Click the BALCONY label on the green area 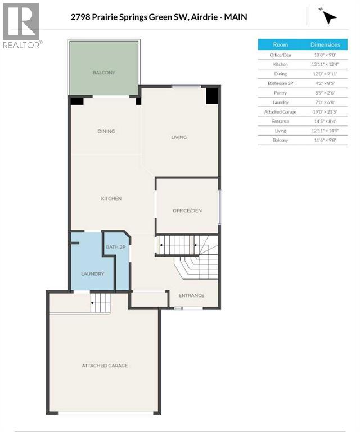point(104,73)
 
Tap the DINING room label point(106,131)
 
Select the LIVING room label point(179,137)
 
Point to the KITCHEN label point(111,199)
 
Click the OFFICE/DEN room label point(187,210)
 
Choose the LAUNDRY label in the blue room point(92,273)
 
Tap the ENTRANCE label point(191,295)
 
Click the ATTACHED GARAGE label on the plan point(104,366)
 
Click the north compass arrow point(330,17)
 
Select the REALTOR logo point(21,26)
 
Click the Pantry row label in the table point(280,93)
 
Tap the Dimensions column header point(325,44)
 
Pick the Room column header point(280,44)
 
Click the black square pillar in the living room point(212,96)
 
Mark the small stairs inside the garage point(100,304)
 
